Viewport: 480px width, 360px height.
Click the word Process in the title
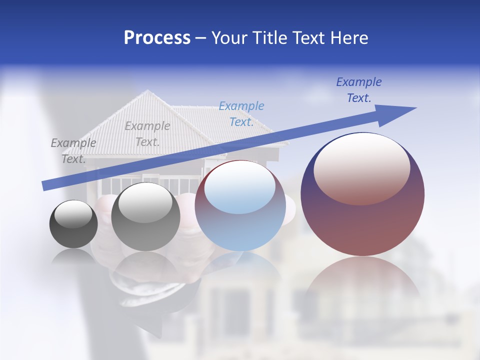point(157,38)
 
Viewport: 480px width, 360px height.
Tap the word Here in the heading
point(349,38)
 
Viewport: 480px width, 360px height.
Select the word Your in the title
point(230,38)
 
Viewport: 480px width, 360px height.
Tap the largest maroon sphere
point(362,220)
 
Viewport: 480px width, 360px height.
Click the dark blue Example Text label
point(359,90)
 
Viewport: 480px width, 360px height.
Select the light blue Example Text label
point(241,114)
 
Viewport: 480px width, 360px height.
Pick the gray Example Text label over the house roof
point(147,134)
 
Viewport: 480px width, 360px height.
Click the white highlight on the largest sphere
point(362,167)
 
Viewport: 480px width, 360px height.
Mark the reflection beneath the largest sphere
point(362,280)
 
